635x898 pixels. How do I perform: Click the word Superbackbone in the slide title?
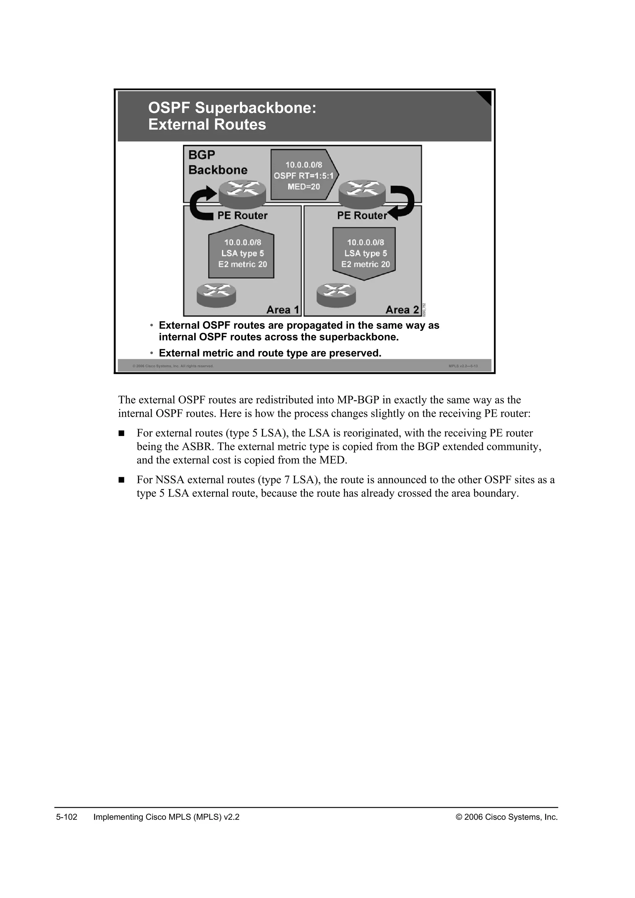[256, 108]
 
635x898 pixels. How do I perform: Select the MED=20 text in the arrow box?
[304, 187]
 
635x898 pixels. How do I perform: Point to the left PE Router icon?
[242, 193]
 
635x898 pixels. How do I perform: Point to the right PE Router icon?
[362, 193]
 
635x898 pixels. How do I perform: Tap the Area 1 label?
[282, 310]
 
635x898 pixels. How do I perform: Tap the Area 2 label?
[402, 310]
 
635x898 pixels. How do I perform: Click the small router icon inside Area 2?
[336, 295]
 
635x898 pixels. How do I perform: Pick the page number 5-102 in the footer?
[67, 817]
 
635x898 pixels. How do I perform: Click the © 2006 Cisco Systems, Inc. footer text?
[506, 817]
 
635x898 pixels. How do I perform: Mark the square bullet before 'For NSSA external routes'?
[121, 480]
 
